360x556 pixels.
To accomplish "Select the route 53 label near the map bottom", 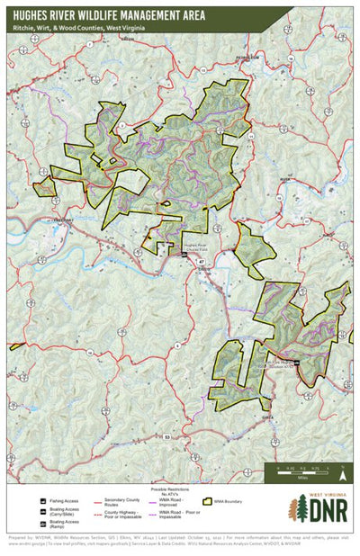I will point(168,435).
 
